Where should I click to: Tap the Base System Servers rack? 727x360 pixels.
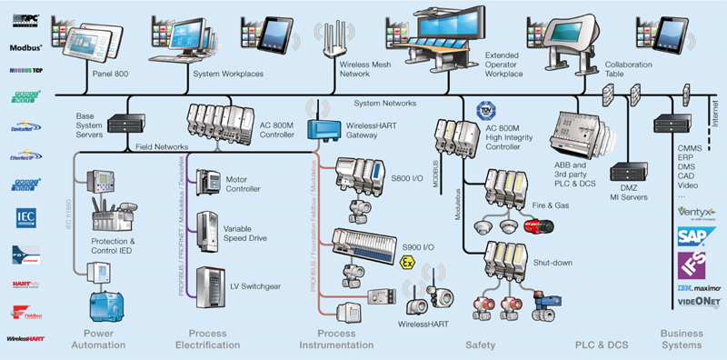click(118, 123)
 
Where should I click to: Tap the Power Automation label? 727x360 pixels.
click(98, 339)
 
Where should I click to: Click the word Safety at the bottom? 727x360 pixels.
click(480, 345)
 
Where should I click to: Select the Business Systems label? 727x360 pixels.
click(682, 339)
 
